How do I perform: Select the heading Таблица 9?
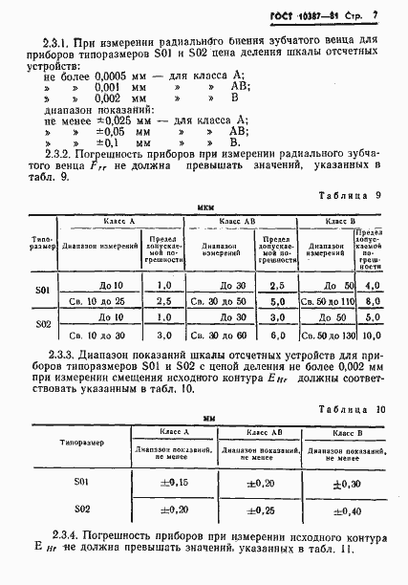point(354,193)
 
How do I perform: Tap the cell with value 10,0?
point(371,336)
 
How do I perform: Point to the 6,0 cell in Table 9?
point(276,336)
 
